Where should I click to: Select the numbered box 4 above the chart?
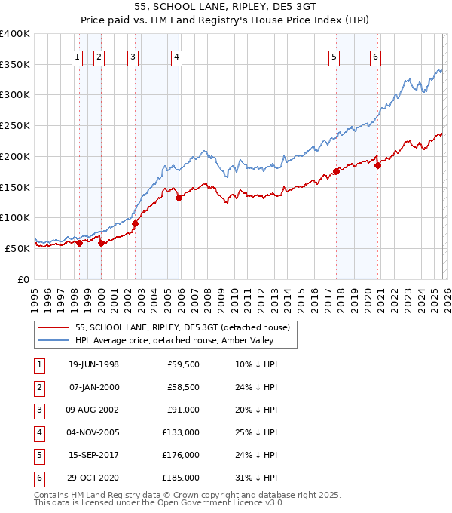[176, 55]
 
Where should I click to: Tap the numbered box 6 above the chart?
[375, 55]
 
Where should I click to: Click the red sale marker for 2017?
[336, 171]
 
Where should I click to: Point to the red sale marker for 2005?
[179, 198]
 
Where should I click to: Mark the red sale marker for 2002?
[136, 223]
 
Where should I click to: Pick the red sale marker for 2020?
[378, 166]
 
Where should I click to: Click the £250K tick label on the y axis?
[15, 126]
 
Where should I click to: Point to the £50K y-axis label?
[18, 248]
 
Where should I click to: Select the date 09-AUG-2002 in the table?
[93, 410]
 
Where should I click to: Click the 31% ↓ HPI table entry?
[256, 478]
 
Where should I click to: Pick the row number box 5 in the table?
[38, 455]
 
